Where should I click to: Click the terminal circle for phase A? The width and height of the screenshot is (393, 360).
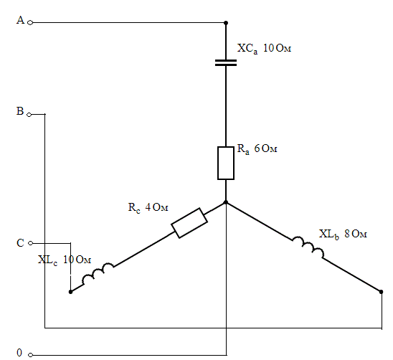click(x=30, y=23)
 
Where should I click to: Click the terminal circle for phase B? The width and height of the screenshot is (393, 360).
click(x=29, y=115)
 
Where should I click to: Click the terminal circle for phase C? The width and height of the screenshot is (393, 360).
click(x=30, y=243)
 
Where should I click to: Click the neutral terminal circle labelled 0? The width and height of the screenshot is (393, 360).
click(x=30, y=355)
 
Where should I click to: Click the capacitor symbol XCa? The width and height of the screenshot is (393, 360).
click(x=226, y=62)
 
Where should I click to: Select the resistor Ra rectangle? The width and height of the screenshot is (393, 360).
click(x=226, y=164)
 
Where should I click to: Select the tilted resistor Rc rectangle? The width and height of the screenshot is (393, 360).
click(x=189, y=223)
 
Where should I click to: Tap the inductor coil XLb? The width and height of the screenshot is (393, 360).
click(x=308, y=247)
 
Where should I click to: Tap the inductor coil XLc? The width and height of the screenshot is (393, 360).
click(x=98, y=274)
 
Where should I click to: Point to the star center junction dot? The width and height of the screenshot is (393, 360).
click(x=226, y=202)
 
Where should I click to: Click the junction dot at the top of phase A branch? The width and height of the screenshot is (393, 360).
click(x=226, y=23)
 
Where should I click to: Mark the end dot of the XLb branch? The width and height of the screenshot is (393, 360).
click(x=382, y=292)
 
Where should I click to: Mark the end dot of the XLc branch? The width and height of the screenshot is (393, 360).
click(x=71, y=292)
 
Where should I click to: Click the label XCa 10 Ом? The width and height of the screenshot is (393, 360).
click(x=264, y=48)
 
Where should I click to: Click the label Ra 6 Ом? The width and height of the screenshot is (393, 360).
click(x=257, y=149)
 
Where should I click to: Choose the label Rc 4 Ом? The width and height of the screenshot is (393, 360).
click(x=148, y=208)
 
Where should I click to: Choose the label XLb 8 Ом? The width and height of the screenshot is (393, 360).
click(x=343, y=235)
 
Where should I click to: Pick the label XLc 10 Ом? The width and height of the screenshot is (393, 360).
click(x=65, y=260)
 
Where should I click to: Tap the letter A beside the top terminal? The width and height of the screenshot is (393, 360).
click(x=20, y=20)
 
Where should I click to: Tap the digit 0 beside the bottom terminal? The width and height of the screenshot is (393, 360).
click(x=19, y=353)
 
